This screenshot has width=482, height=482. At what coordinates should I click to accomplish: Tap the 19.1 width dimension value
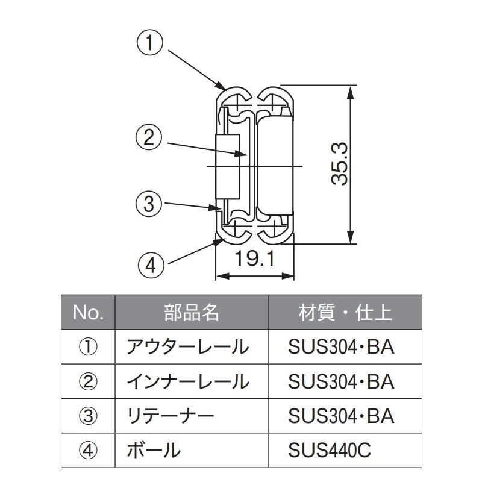pyautogui.click(x=254, y=260)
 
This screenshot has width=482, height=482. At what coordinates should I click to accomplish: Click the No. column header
pyautogui.click(x=89, y=313)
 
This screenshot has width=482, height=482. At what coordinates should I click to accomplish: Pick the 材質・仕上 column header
pyautogui.click(x=345, y=313)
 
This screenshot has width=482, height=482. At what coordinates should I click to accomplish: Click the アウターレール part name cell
pyautogui.click(x=186, y=347)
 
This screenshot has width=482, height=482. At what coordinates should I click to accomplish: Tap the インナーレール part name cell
pyautogui.click(x=186, y=381)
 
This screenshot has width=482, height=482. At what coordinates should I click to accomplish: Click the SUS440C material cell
pyautogui.click(x=329, y=450)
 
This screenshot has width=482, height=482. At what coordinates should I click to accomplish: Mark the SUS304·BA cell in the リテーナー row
pyautogui.click(x=341, y=416)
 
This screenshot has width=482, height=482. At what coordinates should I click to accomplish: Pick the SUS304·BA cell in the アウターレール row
pyautogui.click(x=341, y=347)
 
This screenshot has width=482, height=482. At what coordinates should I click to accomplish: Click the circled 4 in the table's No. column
pyautogui.click(x=88, y=450)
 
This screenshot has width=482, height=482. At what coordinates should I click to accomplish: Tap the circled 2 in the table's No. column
pyautogui.click(x=88, y=381)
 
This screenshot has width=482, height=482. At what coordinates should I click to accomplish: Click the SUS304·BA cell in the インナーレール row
pyautogui.click(x=341, y=381)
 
